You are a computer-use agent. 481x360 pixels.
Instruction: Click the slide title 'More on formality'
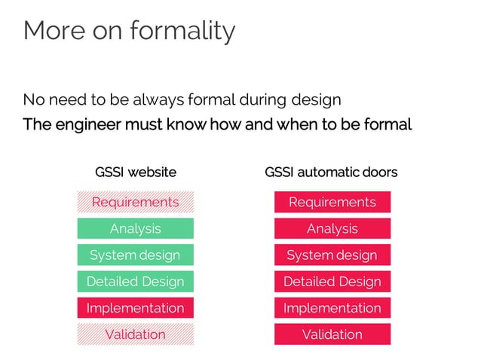coord(129,31)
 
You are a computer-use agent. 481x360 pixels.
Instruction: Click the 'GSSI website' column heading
coord(136,172)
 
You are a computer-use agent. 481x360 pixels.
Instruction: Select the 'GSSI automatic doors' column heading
coord(331,172)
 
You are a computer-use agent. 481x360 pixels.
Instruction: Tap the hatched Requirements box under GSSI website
coord(136,202)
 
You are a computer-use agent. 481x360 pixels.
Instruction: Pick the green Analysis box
coord(136,228)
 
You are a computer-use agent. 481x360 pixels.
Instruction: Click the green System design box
coord(136,255)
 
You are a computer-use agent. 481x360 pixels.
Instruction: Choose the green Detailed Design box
coord(136,281)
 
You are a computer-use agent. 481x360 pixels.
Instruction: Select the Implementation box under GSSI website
coord(136,307)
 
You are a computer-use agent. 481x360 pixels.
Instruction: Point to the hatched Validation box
coord(136,334)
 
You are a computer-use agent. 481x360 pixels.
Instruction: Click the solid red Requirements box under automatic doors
coord(332,202)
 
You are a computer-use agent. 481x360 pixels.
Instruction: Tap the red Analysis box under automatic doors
coord(332,228)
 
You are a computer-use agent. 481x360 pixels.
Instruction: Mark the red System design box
coord(332,255)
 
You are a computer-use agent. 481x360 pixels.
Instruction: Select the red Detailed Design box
coord(332,281)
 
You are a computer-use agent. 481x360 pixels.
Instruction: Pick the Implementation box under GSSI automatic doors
coord(332,307)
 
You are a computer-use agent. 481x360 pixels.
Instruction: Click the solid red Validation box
coord(332,334)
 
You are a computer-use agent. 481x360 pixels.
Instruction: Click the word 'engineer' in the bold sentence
coord(80,124)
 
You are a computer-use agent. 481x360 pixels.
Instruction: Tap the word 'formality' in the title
coord(182,31)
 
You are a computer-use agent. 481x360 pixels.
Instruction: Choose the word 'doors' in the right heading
coord(379,172)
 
